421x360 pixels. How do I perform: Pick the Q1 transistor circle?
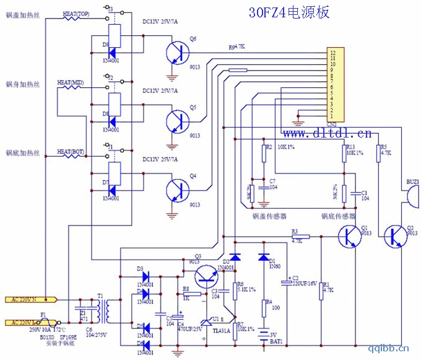(350, 236)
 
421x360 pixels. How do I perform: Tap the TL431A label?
(222, 330)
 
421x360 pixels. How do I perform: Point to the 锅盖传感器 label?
(269, 217)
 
